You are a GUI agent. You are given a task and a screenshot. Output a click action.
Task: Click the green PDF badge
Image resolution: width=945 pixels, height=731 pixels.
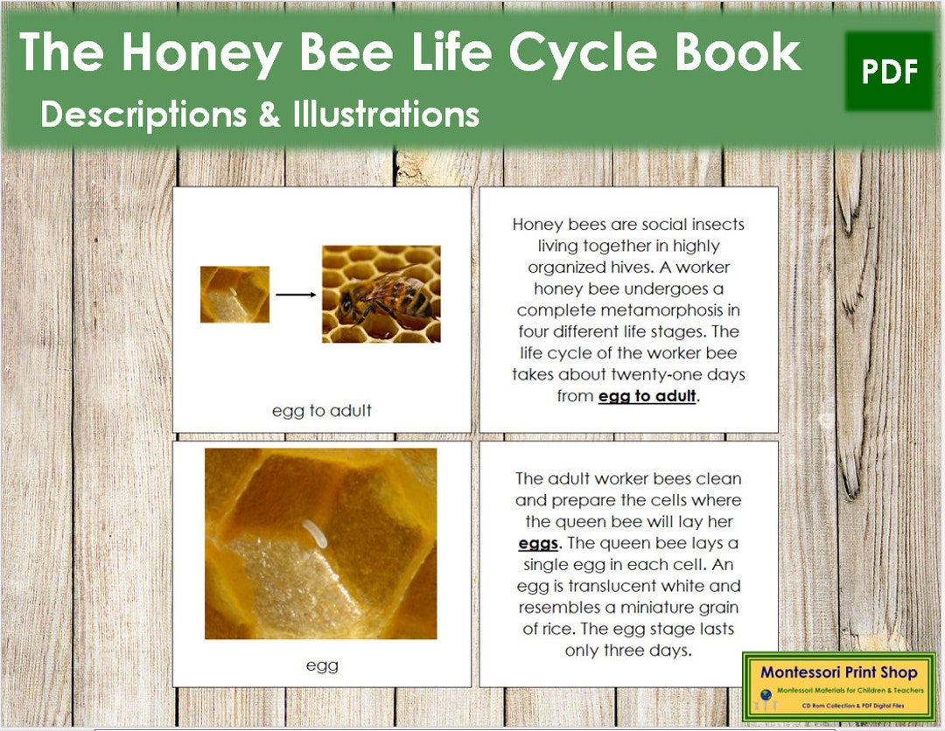click(889, 72)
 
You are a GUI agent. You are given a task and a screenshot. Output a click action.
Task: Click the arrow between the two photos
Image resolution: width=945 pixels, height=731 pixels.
click(296, 295)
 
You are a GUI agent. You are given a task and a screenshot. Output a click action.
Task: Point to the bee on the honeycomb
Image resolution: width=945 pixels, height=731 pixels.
click(385, 297)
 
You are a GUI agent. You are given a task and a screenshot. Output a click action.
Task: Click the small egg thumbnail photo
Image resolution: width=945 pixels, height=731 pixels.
click(234, 295)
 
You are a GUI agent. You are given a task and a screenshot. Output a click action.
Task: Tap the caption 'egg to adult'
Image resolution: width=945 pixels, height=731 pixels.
click(321, 410)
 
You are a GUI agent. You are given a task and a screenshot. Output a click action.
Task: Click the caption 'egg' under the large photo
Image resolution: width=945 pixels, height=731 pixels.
click(321, 665)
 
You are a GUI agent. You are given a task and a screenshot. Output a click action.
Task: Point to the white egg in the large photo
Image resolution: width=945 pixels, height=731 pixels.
click(314, 533)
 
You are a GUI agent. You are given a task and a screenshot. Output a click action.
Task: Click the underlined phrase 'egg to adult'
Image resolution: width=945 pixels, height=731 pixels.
click(647, 396)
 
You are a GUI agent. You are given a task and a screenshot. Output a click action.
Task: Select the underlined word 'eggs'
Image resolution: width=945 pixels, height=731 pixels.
click(537, 543)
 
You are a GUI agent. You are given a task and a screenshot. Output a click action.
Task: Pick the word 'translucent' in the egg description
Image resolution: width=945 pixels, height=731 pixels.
click(605, 586)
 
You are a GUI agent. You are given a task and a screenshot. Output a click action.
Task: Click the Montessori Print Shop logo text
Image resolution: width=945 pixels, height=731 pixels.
click(839, 672)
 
